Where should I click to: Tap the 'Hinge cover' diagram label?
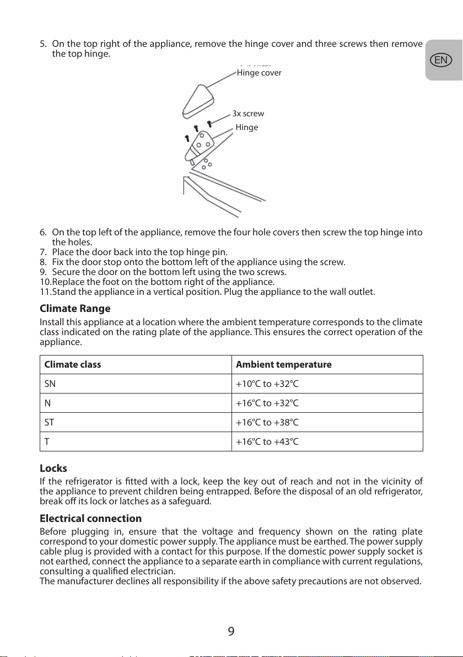click(259, 73)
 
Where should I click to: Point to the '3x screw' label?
click(248, 114)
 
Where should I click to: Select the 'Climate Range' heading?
click(75, 308)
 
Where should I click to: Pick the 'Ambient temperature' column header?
click(283, 365)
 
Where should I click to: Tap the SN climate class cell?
click(50, 384)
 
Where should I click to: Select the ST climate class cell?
click(49, 422)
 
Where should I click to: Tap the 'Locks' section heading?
click(53, 468)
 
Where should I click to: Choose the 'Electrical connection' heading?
click(90, 519)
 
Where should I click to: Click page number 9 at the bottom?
click(231, 631)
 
